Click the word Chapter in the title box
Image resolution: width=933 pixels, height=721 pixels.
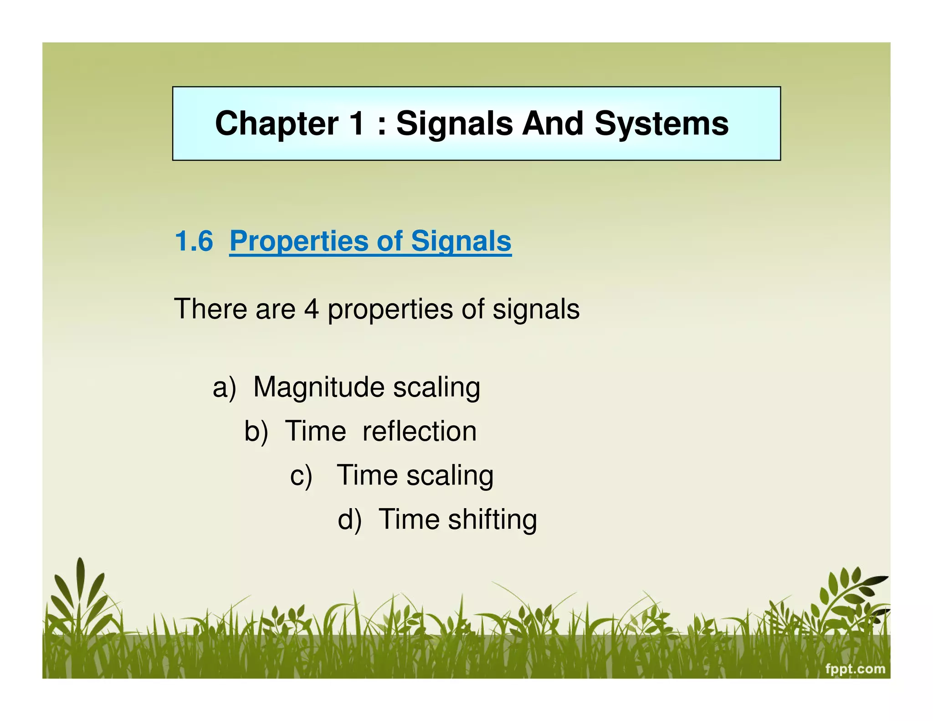click(x=277, y=124)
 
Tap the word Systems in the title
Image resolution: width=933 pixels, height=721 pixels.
click(x=661, y=124)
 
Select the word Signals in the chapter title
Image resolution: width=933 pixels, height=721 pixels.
click(x=455, y=124)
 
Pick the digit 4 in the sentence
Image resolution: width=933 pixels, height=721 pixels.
click(x=311, y=309)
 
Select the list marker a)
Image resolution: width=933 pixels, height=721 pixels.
click(x=225, y=387)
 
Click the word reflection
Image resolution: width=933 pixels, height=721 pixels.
click(x=420, y=431)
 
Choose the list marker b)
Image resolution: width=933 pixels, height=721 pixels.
click(x=256, y=431)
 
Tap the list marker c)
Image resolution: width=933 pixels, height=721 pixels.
click(x=301, y=475)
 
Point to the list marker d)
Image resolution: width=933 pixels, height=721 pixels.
click(x=349, y=520)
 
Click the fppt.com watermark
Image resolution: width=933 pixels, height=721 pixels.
click(x=855, y=669)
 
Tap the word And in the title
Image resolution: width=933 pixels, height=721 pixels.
click(x=553, y=124)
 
